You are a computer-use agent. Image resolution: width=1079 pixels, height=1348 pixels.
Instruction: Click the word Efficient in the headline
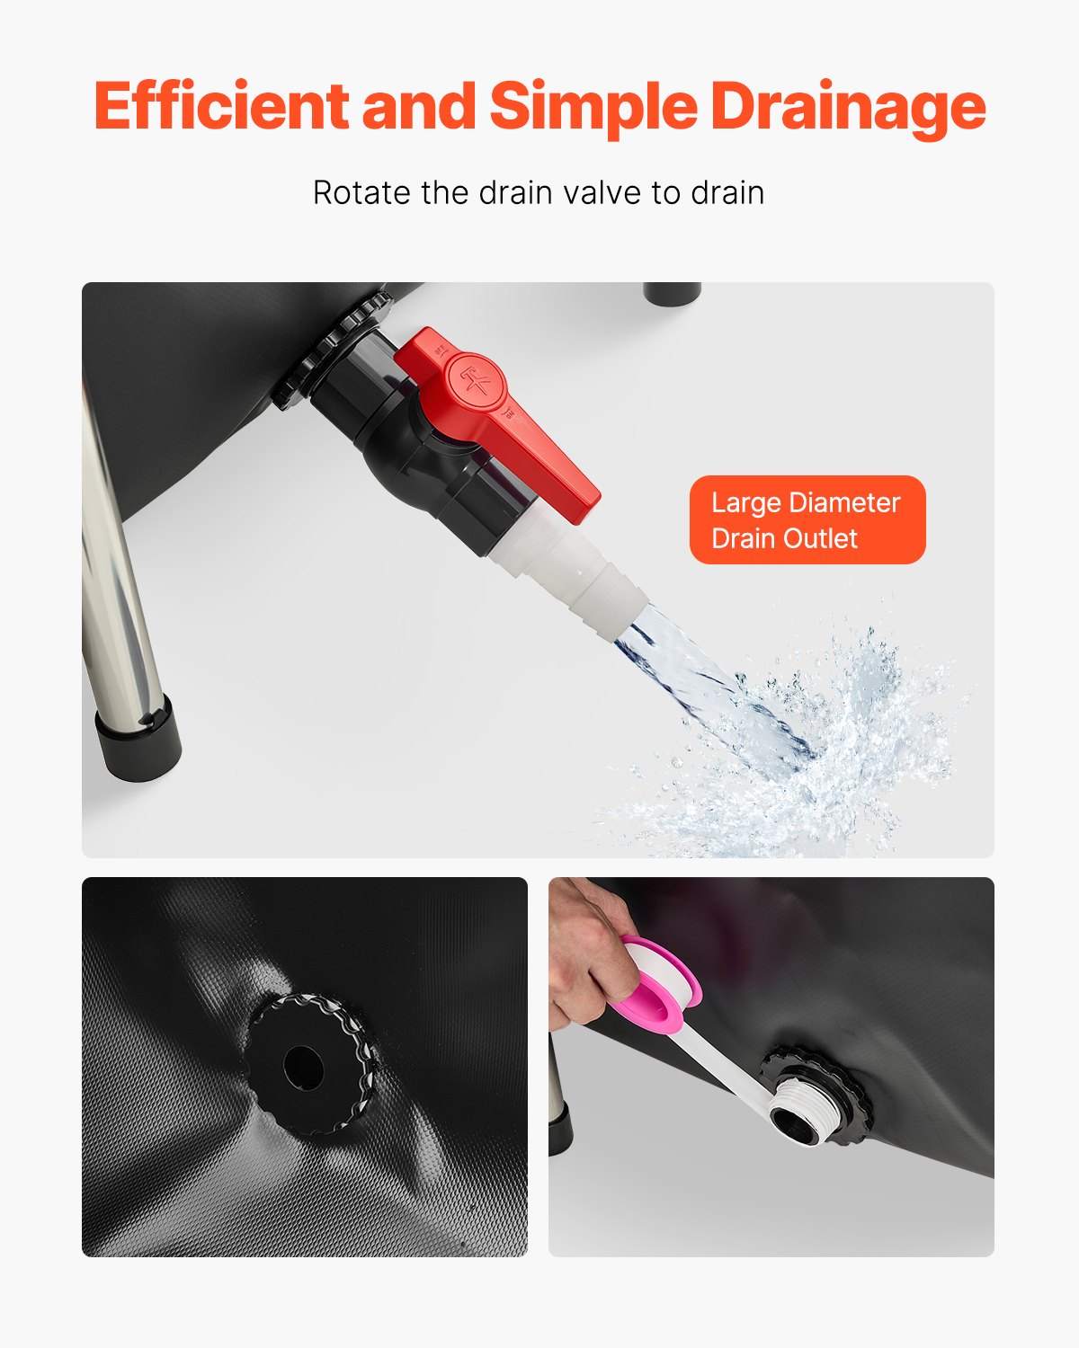pos(220,106)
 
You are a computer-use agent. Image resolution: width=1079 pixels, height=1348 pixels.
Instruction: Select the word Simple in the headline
pos(593,106)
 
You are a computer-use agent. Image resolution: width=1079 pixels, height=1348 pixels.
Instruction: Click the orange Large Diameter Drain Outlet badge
pos(807,520)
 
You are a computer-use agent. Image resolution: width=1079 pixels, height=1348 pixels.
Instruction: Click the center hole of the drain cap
pos(303,1066)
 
